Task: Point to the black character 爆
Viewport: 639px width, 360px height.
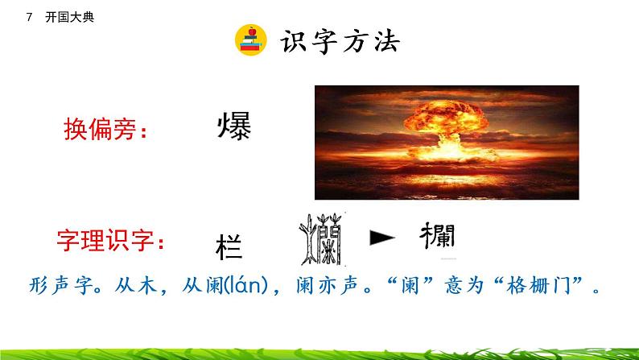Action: [x=234, y=126]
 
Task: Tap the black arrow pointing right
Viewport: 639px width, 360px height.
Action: [x=383, y=237]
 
